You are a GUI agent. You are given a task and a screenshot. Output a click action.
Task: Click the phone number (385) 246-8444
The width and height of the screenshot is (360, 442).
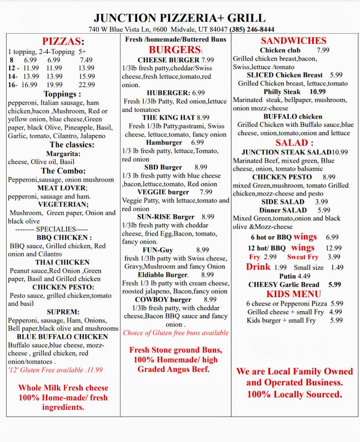click(x=252, y=30)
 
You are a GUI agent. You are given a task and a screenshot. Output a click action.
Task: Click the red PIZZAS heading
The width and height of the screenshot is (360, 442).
click(x=63, y=42)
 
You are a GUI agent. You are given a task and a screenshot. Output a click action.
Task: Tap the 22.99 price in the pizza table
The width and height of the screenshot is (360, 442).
click(x=87, y=85)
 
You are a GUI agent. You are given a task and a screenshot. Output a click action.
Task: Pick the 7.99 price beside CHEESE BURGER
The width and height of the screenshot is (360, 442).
click(x=207, y=60)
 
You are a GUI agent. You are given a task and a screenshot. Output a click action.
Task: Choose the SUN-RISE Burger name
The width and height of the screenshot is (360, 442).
click(x=165, y=217)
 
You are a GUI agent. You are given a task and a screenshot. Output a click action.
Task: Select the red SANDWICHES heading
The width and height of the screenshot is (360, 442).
click(x=294, y=41)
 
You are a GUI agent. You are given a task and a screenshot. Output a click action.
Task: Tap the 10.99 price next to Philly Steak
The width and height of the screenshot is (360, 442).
click(x=318, y=92)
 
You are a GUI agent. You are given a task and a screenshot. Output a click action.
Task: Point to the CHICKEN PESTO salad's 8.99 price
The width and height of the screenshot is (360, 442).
click(x=329, y=177)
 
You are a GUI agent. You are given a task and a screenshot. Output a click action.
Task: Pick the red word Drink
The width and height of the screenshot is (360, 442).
click(x=258, y=267)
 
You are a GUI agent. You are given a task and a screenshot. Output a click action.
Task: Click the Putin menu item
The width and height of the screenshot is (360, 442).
click(x=288, y=276)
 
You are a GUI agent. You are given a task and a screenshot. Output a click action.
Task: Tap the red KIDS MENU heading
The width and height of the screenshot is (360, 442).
click(x=294, y=294)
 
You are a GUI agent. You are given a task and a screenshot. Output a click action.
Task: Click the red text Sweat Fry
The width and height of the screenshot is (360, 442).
click(x=303, y=257)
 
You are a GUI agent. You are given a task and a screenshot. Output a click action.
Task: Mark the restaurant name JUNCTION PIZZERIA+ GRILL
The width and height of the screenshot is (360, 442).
click(x=180, y=18)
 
